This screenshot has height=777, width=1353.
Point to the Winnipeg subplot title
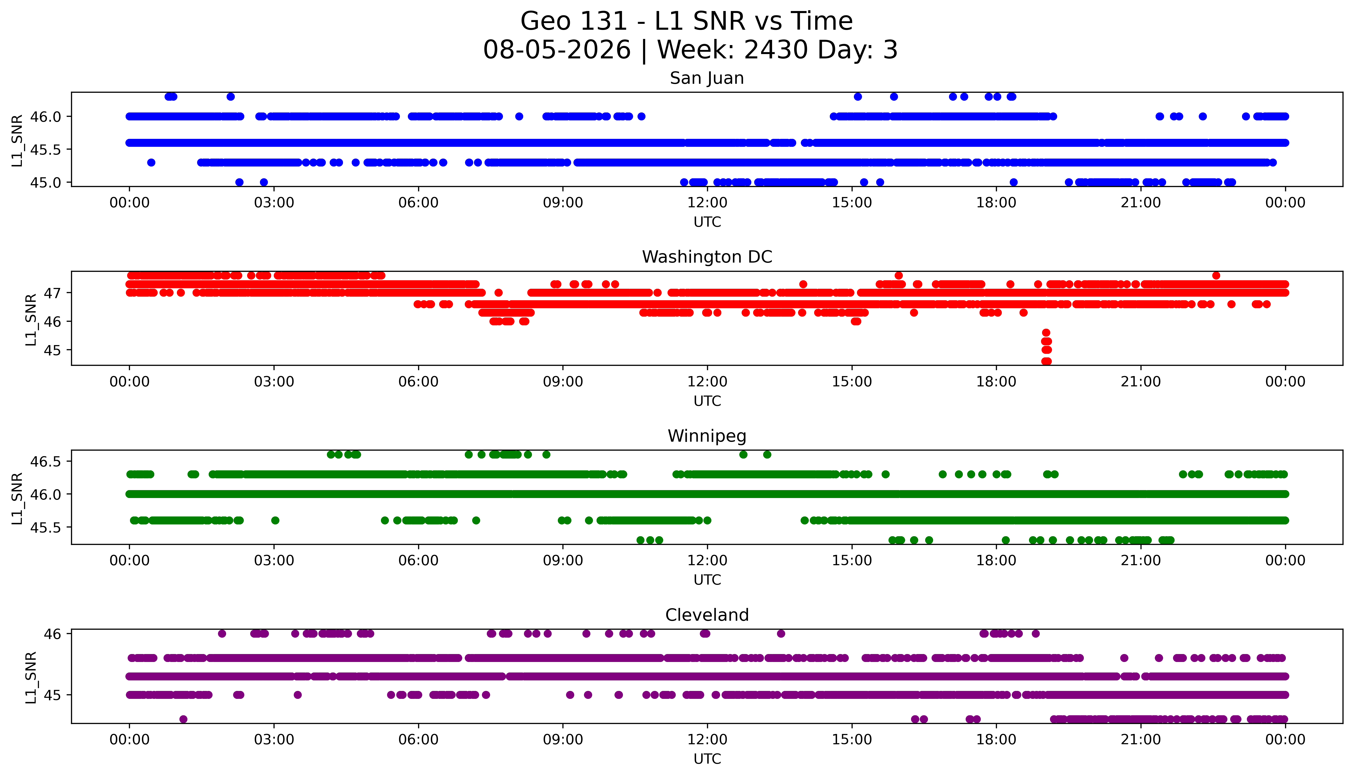point(707,436)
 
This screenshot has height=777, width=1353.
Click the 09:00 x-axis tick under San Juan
point(563,203)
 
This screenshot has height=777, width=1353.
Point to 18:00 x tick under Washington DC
point(996,381)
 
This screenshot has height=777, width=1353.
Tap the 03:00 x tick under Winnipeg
point(274,560)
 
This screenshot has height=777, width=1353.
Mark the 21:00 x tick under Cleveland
point(1141,740)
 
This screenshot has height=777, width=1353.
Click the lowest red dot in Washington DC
point(1046,361)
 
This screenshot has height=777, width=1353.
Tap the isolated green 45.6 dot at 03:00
point(275,520)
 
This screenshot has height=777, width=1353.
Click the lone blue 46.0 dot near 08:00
point(519,116)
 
